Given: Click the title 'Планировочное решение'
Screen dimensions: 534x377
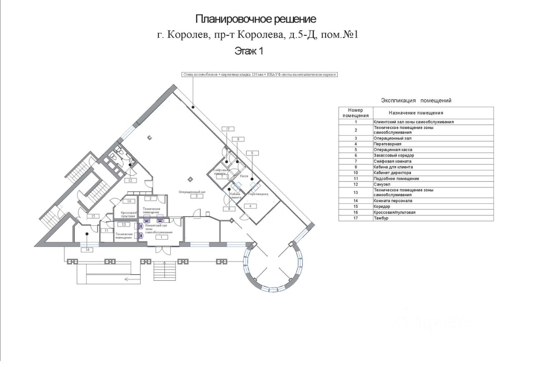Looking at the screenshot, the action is (256, 19).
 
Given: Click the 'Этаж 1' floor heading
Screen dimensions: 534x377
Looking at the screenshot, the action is (249, 51).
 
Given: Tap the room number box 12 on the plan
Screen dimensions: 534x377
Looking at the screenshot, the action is (130, 180).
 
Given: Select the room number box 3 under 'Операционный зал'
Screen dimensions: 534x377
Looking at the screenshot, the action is (194, 196).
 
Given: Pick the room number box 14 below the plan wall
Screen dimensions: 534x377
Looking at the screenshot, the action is (88, 250).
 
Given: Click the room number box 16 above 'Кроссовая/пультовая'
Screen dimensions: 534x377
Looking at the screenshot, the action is (129, 201).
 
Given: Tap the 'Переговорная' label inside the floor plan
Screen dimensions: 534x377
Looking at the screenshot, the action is (258, 195).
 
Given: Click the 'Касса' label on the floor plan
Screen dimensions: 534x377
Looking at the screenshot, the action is (244, 176).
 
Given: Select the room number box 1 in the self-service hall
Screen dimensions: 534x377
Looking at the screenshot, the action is (161, 237).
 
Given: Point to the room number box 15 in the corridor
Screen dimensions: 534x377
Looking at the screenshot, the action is (94, 216).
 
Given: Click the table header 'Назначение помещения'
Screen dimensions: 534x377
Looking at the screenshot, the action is (416, 113).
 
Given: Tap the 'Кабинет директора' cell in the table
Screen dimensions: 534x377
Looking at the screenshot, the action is (393, 173).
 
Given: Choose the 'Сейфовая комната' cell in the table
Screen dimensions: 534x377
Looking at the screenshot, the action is (393, 161).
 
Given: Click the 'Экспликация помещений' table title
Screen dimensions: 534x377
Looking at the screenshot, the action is (416, 100).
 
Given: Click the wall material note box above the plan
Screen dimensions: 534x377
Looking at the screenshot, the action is (259, 75).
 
